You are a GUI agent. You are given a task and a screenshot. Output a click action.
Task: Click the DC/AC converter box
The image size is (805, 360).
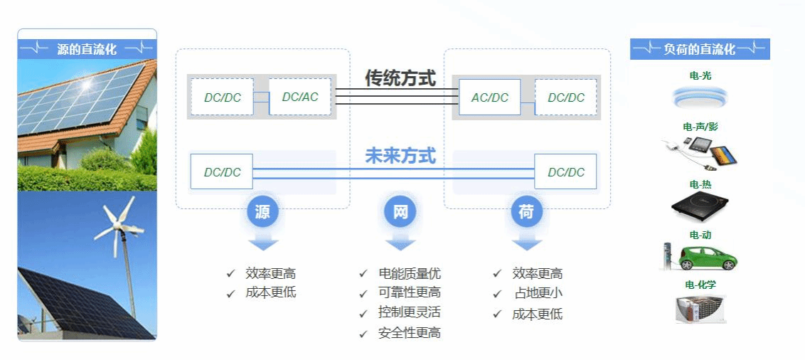300,97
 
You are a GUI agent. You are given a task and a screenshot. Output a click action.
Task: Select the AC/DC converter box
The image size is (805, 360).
490,97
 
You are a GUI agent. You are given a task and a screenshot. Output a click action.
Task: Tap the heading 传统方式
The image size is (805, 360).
400,78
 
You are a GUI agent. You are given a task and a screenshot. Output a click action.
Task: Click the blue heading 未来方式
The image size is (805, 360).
400,156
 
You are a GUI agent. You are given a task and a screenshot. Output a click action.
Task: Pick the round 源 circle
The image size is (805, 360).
263,212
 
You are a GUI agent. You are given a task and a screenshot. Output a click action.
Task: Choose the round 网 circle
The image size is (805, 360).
400,212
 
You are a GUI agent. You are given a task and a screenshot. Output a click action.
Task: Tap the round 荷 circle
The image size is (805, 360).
526,212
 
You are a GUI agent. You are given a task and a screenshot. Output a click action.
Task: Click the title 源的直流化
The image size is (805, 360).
87,49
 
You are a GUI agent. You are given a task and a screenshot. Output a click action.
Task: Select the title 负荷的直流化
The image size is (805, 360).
699,49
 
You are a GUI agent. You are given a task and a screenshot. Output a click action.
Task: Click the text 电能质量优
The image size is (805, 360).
410,274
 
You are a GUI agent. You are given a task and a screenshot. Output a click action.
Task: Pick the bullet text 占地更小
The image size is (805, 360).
538,293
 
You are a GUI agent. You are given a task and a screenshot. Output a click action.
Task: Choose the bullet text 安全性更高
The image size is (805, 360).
410,332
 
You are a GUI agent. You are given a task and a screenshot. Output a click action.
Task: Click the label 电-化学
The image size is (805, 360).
700,285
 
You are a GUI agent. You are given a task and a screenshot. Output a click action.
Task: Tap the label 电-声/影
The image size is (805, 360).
700,127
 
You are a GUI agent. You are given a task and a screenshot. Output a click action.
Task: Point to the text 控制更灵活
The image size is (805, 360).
410,312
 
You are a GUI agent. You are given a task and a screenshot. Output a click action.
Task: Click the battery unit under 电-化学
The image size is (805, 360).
700,309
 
